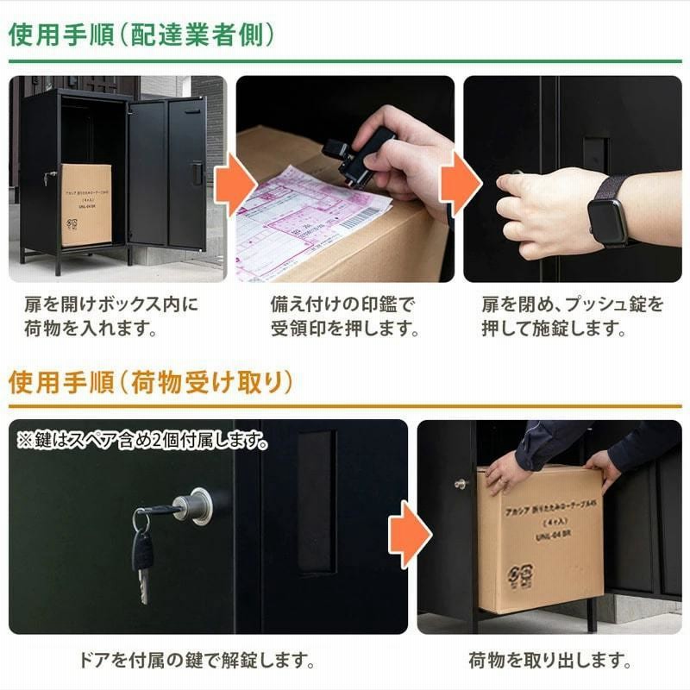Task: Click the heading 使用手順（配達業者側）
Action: (x=141, y=34)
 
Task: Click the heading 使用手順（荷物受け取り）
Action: (x=151, y=381)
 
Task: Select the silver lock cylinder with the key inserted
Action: (x=193, y=505)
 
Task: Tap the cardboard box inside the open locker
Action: (x=85, y=204)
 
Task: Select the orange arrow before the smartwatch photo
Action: (x=459, y=182)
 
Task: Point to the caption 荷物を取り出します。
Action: (x=549, y=662)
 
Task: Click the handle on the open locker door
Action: (x=198, y=172)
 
